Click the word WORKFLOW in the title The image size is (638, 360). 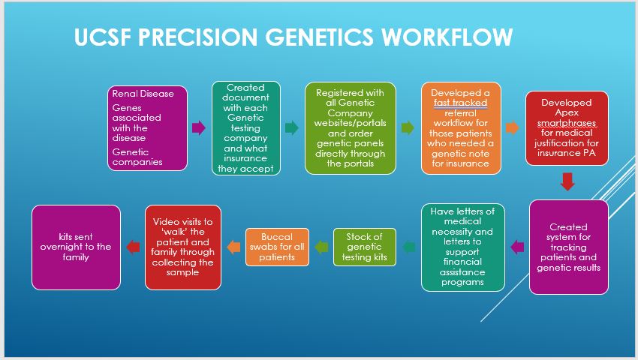tap(447, 37)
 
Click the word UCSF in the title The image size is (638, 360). tap(103, 37)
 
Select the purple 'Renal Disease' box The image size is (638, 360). tap(147, 128)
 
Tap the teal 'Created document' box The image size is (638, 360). tap(245, 128)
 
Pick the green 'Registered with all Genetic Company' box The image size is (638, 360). tap(350, 128)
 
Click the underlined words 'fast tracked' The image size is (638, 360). tap(460, 103)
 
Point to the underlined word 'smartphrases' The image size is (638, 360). tap(567, 123)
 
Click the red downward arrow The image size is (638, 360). tap(567, 181)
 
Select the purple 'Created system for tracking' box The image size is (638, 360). tap(568, 247)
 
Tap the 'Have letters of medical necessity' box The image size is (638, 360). tap(462, 247)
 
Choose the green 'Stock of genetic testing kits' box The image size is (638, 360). tap(364, 247)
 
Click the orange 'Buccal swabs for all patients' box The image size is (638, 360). tap(277, 247)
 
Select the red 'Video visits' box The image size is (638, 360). tap(182, 247)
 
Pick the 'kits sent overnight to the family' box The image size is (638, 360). tap(76, 247)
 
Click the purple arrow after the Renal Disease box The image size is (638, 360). tap(199, 127)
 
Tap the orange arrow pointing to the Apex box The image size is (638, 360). tap(512, 127)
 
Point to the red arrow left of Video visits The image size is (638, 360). tap(133, 247)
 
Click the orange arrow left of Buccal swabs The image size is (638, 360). tap(233, 247)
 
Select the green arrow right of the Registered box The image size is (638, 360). tap(408, 127)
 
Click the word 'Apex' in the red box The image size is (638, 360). tap(567, 112)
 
